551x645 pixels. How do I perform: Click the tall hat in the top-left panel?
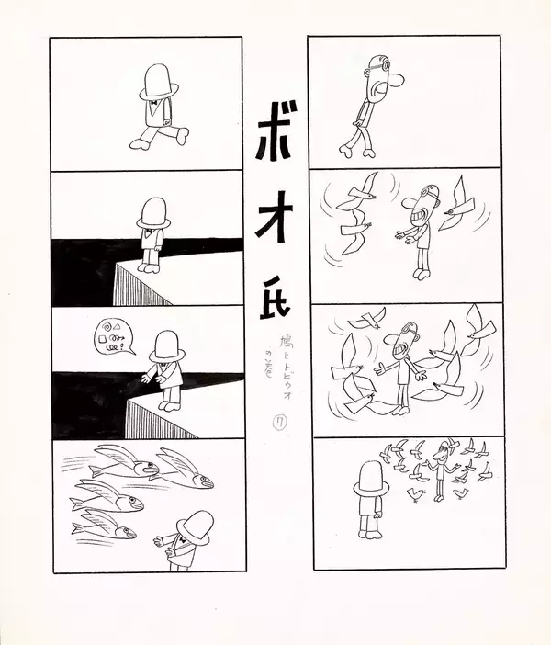(x=159, y=82)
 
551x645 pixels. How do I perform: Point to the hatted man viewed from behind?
(x=370, y=496)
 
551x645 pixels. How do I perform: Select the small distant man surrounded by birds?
(x=447, y=464)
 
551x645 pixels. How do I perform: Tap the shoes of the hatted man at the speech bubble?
(x=169, y=402)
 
